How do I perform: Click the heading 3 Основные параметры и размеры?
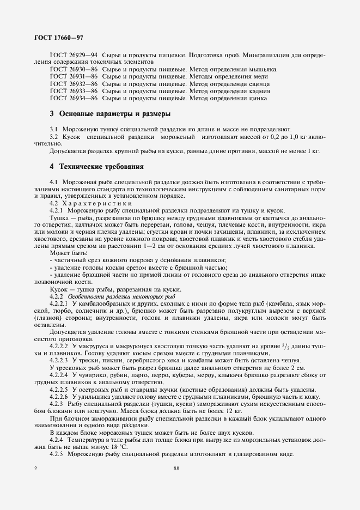click(x=110, y=114)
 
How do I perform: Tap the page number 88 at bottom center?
click(x=176, y=468)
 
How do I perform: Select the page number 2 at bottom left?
click(x=35, y=468)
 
